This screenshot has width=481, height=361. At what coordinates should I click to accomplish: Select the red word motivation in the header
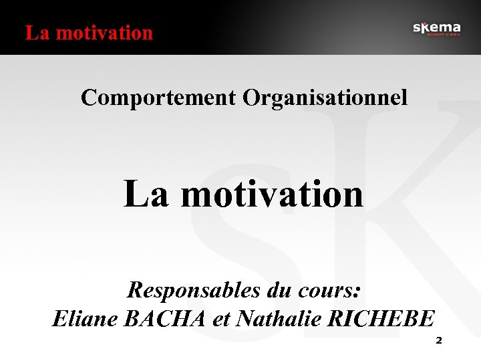point(105,32)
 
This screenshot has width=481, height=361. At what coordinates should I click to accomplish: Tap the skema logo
point(436,28)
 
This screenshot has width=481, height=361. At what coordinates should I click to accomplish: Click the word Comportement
point(158,98)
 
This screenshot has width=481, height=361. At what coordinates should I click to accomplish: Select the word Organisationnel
point(325,98)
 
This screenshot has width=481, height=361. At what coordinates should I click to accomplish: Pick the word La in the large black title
point(146,194)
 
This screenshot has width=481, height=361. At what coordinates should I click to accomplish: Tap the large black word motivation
point(272,194)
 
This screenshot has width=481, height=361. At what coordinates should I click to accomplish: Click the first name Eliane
point(85,318)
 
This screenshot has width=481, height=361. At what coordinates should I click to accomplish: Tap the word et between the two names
point(221,318)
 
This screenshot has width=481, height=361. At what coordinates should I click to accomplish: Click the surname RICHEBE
point(381,318)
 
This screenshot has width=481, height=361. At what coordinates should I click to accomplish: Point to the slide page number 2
point(439,340)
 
